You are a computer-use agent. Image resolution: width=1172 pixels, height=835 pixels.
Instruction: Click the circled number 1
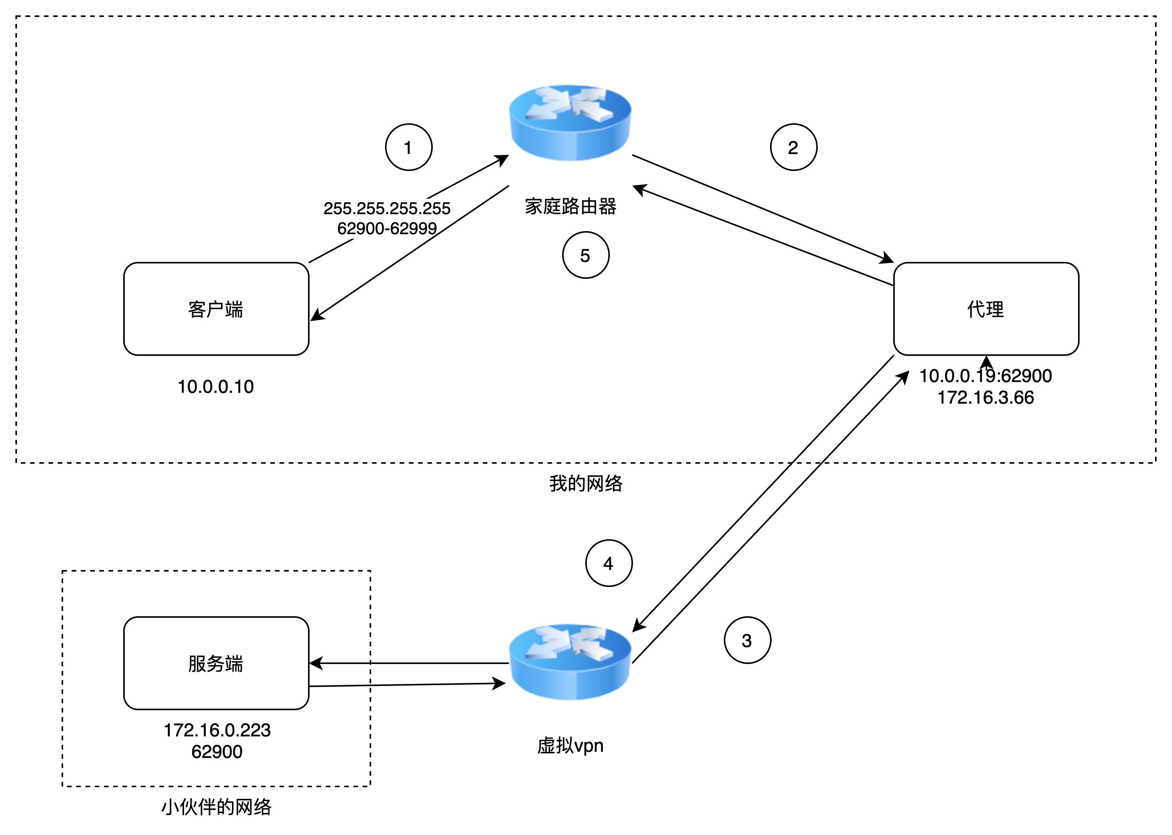[409, 147]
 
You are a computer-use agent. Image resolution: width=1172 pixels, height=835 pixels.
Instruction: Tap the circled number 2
[793, 147]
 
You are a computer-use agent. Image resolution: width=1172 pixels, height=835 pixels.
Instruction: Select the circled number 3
[747, 640]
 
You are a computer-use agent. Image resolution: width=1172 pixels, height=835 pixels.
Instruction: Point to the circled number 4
[609, 563]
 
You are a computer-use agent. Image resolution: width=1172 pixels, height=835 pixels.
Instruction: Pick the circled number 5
[586, 255]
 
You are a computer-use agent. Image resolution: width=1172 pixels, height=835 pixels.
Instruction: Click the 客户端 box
[216, 309]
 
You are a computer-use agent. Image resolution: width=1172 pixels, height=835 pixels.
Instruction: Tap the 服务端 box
[216, 663]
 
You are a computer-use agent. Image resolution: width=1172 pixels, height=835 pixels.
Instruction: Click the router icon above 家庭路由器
[570, 122]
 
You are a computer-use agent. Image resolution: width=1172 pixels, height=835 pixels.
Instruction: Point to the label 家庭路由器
[571, 206]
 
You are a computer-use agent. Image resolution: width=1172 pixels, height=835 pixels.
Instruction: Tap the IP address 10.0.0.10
[216, 387]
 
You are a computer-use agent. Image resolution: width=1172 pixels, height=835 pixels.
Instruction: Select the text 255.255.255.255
[387, 208]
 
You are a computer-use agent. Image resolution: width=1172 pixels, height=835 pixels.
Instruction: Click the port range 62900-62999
[387, 228]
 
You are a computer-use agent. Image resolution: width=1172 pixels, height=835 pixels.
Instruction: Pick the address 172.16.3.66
[985, 397]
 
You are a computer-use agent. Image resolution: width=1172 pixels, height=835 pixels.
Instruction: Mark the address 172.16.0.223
[217, 730]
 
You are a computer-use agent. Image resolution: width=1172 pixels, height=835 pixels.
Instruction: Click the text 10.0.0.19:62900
[985, 376]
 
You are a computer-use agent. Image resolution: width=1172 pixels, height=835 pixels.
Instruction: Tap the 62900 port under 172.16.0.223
[217, 752]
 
